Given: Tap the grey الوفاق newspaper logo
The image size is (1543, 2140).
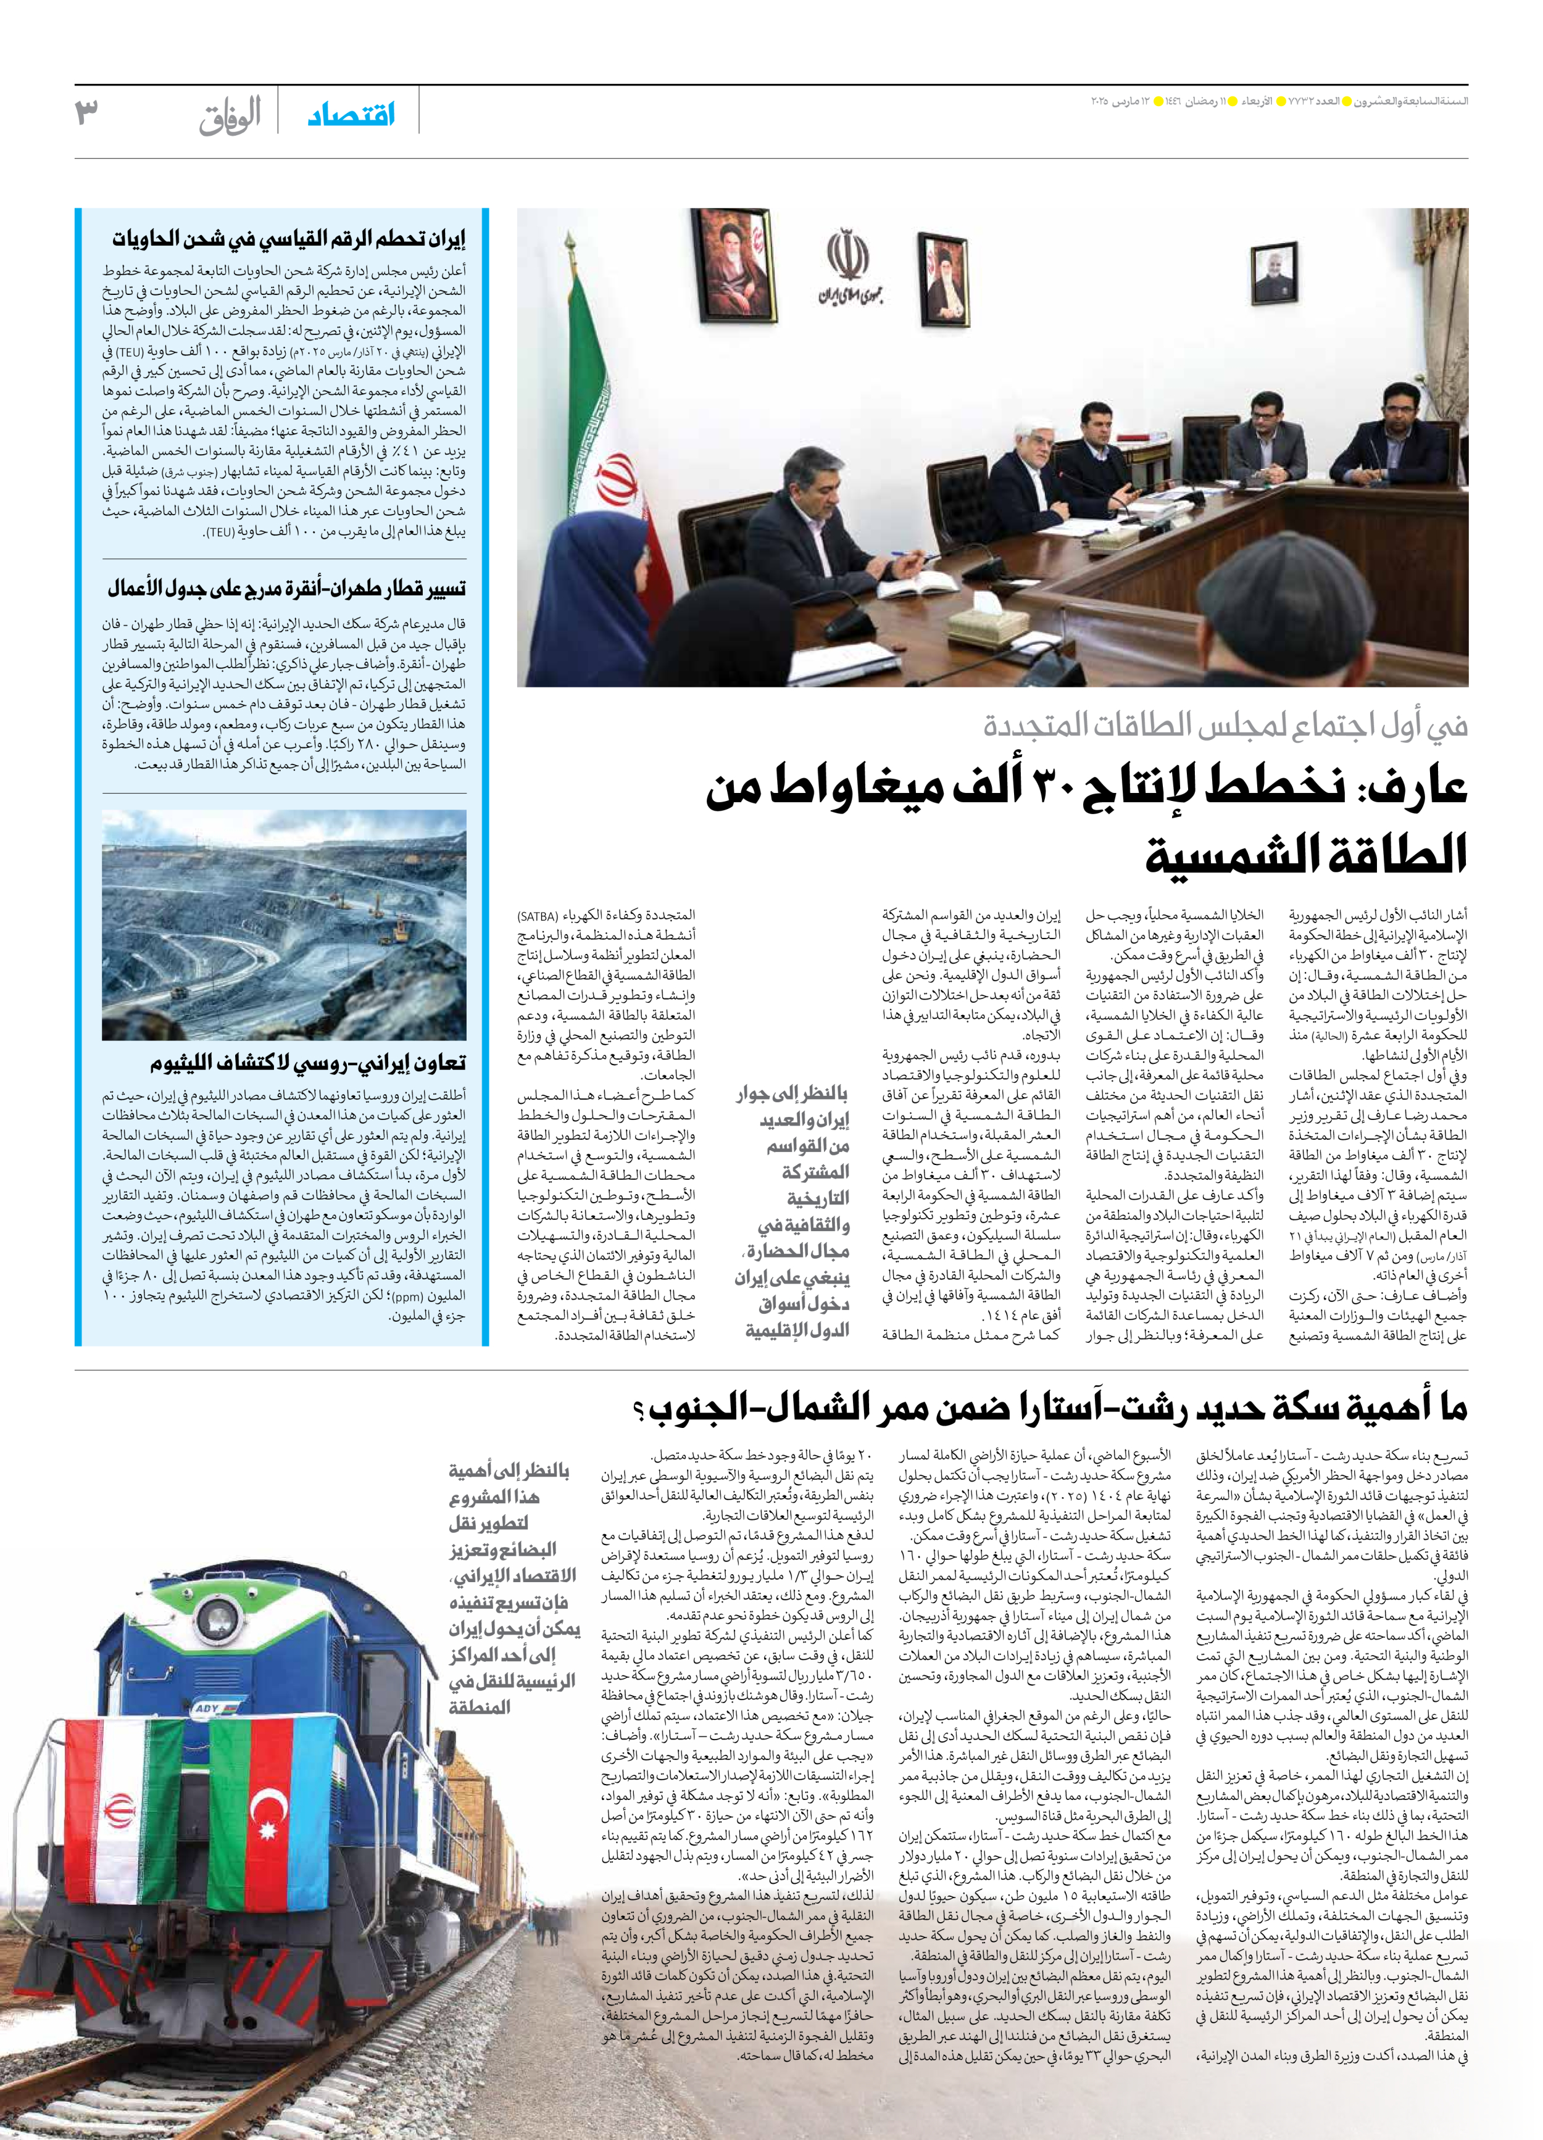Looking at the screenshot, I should tap(230, 117).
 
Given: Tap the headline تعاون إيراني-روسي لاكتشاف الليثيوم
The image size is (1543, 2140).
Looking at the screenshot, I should tap(307, 1063).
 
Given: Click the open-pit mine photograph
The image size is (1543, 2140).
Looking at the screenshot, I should tap(283, 925).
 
